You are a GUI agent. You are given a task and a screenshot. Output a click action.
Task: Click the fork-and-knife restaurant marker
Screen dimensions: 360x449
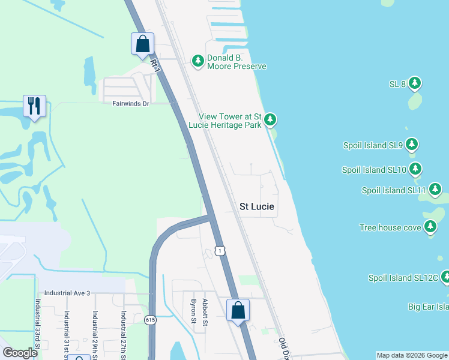pyautogui.click(x=34, y=106)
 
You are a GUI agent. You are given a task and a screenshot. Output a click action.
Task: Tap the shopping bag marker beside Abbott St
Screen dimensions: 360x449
pyautogui.click(x=238, y=310)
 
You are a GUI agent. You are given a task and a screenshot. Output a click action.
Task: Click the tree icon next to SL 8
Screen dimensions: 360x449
pyautogui.click(x=415, y=83)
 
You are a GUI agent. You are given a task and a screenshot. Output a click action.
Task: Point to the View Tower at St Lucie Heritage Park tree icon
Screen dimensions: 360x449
pyautogui.click(x=270, y=119)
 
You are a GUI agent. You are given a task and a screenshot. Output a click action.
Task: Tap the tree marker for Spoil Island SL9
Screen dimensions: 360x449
pyautogui.click(x=411, y=145)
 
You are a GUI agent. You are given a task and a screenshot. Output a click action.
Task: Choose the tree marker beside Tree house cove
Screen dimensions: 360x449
pyautogui.click(x=430, y=227)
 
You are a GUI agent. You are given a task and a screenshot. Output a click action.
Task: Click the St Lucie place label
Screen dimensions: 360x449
pyautogui.click(x=257, y=206)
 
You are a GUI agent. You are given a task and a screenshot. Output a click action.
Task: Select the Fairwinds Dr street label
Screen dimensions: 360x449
pyautogui.click(x=130, y=103)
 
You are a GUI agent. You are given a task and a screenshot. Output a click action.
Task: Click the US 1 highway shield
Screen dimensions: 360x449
pyautogui.click(x=221, y=250)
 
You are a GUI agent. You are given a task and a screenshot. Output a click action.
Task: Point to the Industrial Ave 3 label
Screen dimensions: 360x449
pyautogui.click(x=67, y=293)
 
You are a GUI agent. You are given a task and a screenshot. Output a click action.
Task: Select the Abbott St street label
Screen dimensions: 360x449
pyautogui.click(x=205, y=312)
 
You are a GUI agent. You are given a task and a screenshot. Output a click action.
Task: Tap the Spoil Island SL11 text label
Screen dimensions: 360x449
pyautogui.click(x=394, y=191)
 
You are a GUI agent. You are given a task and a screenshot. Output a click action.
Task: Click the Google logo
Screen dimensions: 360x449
pyautogui.click(x=20, y=353)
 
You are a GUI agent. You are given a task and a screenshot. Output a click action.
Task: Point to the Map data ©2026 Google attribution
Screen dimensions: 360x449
pyautogui.click(x=412, y=355)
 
